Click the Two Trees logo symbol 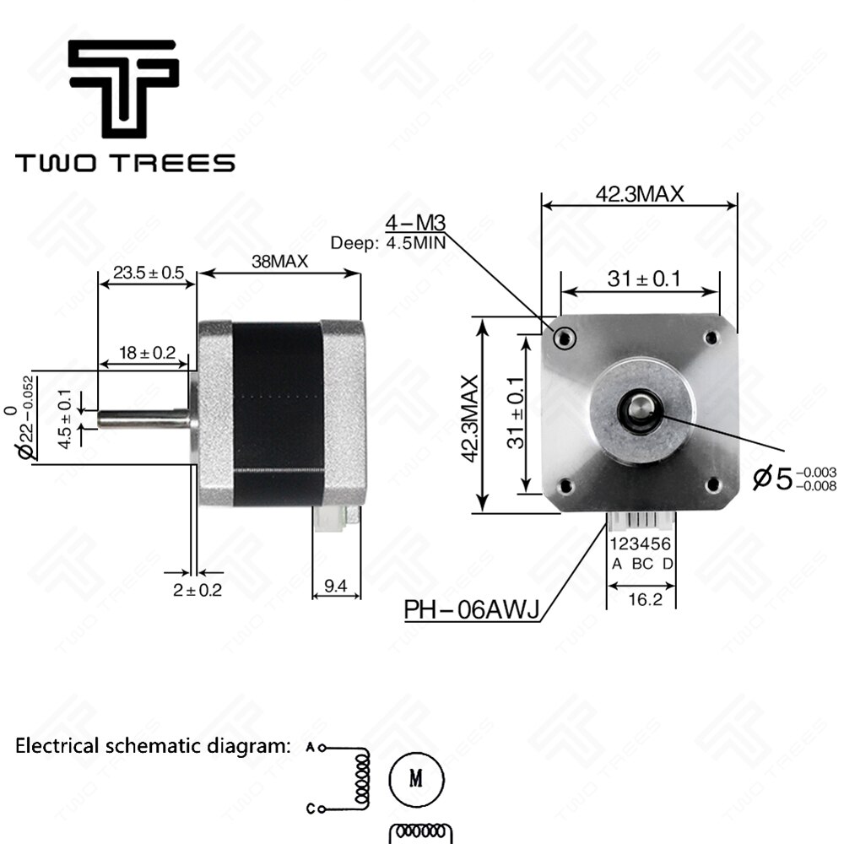pos(124,88)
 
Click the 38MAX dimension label pos(279,262)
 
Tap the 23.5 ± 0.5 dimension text pos(148,273)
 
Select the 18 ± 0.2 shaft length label pos(147,353)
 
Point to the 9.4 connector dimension pos(335,586)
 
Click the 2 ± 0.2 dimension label pos(197,590)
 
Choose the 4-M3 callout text pos(415,222)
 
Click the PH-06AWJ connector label pos(472,610)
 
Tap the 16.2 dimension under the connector pos(645,599)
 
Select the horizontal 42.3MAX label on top pos(640,194)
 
